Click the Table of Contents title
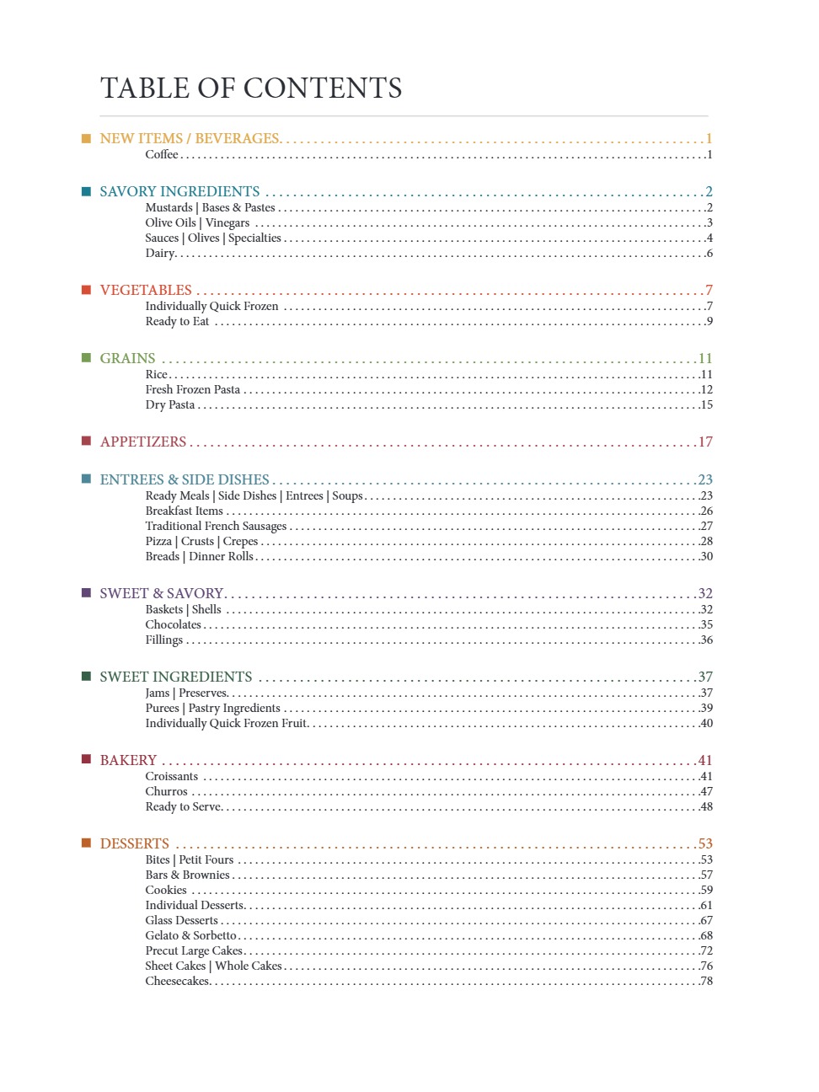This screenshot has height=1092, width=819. point(251,88)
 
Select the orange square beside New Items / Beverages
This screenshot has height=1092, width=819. point(86,138)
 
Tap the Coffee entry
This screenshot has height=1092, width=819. point(162,154)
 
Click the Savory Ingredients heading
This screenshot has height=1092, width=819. point(179,191)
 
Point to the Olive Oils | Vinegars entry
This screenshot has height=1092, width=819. point(197,222)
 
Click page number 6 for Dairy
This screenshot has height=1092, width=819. point(709,253)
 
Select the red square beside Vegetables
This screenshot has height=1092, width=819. point(86,290)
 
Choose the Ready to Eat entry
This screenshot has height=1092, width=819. point(177,321)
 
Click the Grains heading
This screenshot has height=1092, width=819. point(127,358)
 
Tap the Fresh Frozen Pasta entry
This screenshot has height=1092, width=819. point(192,389)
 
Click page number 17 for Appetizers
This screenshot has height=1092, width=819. point(705,442)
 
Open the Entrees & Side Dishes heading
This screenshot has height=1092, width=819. point(185,479)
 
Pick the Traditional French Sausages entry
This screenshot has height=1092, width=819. point(216,526)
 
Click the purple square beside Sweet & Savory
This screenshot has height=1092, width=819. point(86,593)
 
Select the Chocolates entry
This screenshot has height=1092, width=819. point(173,624)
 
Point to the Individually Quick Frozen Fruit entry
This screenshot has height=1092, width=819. point(226,723)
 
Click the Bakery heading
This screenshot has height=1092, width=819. point(128,760)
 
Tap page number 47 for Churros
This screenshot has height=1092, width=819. point(706,791)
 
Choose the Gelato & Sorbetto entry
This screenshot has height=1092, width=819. point(190,935)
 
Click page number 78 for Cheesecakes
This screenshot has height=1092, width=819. point(706,981)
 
